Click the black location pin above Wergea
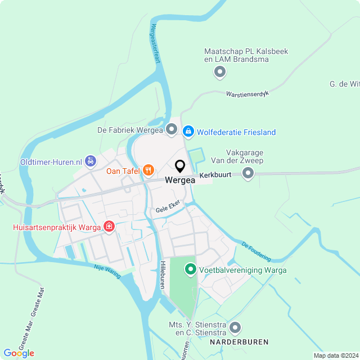point(180,166)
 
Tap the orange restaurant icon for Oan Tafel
point(148,170)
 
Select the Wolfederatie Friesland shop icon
point(188,131)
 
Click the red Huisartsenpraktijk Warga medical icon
point(109,227)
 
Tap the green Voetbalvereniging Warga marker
point(191,271)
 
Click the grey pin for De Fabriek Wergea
point(172,130)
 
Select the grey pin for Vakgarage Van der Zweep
point(248,174)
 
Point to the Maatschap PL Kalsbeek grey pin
point(220,72)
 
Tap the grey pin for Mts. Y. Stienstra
point(235,327)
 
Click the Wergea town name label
point(180,181)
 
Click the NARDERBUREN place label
point(239,342)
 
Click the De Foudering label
point(256,251)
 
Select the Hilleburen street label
point(162,275)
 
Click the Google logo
point(19,353)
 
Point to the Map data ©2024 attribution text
point(335,355)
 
